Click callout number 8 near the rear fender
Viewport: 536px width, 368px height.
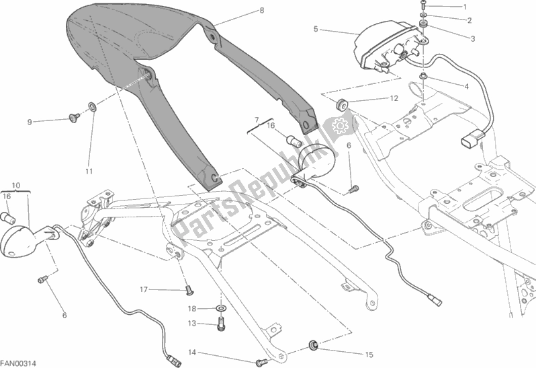(261, 11)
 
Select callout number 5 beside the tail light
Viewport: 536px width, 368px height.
(315, 29)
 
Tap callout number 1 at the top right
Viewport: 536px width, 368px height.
(464, 7)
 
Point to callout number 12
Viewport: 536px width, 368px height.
(394, 98)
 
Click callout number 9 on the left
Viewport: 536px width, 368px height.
(30, 122)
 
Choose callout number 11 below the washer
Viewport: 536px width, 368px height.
(89, 172)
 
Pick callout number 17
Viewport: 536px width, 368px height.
(144, 290)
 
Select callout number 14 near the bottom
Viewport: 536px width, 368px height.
(192, 353)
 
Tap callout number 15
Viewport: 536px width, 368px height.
(369, 355)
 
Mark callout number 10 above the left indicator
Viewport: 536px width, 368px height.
(17, 184)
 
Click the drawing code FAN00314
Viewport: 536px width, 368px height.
(19, 363)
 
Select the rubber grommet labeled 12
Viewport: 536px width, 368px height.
(342, 104)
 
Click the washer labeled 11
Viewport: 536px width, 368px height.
(92, 106)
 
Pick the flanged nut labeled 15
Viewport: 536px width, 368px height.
(314, 346)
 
